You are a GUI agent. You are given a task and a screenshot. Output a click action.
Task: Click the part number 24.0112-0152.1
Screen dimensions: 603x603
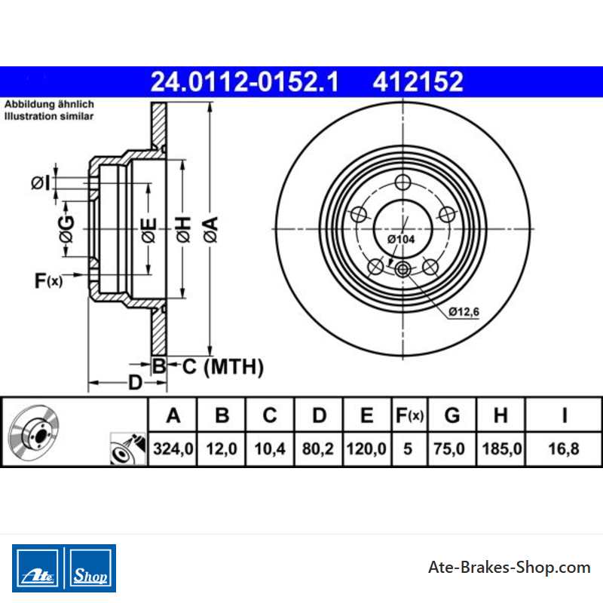tap(244, 82)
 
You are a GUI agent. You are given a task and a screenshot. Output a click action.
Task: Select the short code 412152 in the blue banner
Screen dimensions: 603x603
tap(418, 82)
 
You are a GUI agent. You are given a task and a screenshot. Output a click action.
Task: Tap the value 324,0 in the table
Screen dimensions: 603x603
tap(173, 448)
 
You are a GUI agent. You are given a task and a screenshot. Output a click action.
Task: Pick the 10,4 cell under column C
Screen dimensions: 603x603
tap(270, 448)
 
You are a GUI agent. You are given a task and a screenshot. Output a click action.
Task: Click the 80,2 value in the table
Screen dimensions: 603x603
tap(318, 448)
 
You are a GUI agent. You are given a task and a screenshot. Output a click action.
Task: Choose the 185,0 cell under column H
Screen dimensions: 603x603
tap(502, 448)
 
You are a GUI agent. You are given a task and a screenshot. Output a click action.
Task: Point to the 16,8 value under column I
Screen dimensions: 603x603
tap(564, 448)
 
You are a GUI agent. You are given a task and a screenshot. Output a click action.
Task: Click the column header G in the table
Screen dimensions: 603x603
tap(452, 415)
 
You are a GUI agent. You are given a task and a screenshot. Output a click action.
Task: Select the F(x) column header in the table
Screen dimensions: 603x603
tap(409, 415)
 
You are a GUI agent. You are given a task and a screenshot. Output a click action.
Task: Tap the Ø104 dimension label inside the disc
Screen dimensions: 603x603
tap(401, 239)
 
